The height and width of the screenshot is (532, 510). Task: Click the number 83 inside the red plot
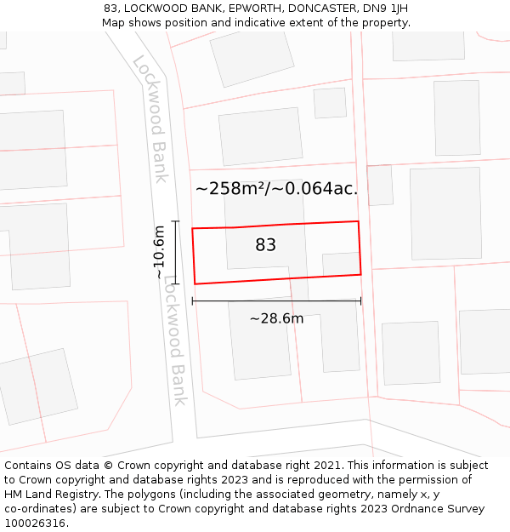coord(265,245)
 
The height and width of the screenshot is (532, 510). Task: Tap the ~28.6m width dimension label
coord(276,319)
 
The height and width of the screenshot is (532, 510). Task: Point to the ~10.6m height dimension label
coord(159,252)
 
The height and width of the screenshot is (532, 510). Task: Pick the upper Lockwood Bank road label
coord(150,118)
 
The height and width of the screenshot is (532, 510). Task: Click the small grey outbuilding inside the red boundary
coord(341,264)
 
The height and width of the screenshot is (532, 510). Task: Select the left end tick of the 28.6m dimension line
coord(193,300)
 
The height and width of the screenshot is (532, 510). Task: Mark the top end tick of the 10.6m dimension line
coord(176,221)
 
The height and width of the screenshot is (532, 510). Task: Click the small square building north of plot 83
coord(330,103)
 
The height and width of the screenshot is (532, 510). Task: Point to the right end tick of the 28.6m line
coord(360,300)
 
